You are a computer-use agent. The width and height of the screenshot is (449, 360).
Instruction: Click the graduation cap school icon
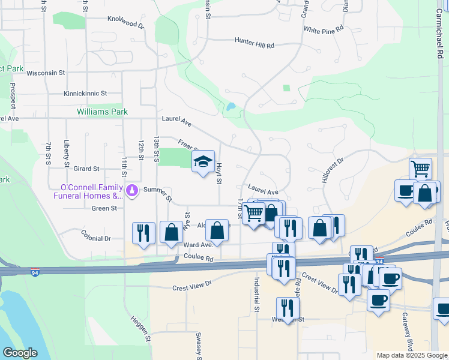pyautogui.click(x=203, y=161)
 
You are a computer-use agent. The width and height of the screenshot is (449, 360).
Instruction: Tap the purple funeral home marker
pyautogui.click(x=132, y=191)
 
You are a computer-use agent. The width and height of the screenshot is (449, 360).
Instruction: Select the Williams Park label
pyautogui.click(x=102, y=112)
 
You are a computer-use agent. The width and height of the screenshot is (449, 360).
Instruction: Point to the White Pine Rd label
pyautogui.click(x=323, y=29)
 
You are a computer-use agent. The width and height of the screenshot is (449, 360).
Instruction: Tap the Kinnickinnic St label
pyautogui.click(x=85, y=94)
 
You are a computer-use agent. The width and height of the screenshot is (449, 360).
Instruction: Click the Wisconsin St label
pyautogui.click(x=46, y=73)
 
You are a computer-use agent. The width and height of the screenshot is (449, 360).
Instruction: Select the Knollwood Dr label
pyautogui.click(x=126, y=23)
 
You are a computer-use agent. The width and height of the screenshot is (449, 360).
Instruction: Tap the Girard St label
pyautogui.click(x=86, y=170)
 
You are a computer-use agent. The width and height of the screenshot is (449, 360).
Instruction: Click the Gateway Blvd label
pyautogui.click(x=411, y=328)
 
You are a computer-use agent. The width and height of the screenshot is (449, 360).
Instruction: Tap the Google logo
pyautogui.click(x=20, y=353)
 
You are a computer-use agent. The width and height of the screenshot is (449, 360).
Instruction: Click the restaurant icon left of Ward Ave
pyautogui.click(x=143, y=232)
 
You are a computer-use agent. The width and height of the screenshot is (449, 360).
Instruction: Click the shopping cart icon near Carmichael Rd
pyautogui.click(x=421, y=168)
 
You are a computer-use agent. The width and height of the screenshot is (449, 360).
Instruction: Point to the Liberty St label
pyautogui.click(x=67, y=153)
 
